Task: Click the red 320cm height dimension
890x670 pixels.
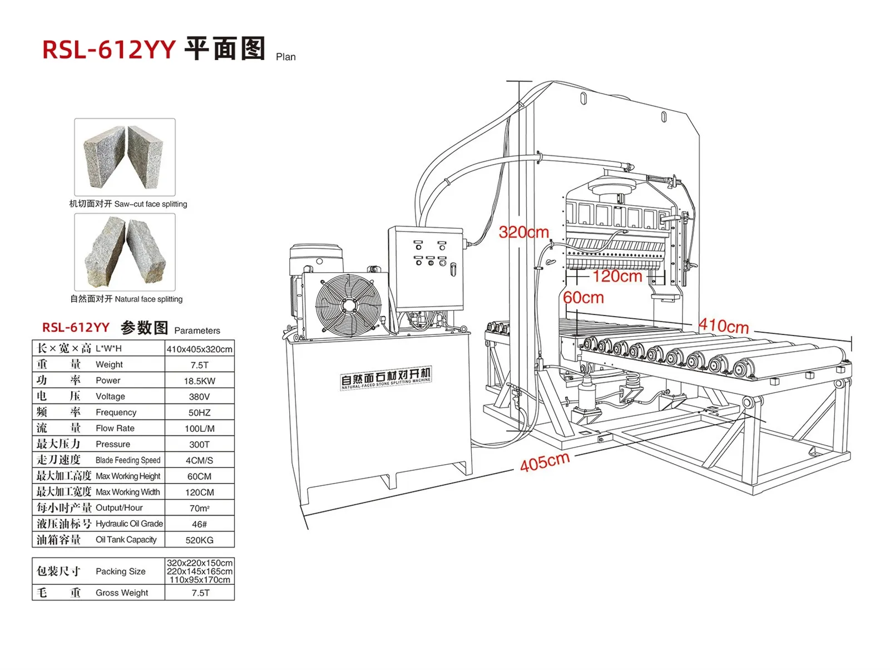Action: [523, 232]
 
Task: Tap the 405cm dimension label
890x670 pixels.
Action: [545, 462]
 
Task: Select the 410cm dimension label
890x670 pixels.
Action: [723, 326]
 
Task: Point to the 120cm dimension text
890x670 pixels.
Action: [617, 277]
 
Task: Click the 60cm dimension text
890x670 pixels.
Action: [584, 298]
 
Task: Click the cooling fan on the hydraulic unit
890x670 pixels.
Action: [348, 306]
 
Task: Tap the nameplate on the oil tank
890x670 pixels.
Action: [385, 378]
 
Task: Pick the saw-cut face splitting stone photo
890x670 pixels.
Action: [125, 157]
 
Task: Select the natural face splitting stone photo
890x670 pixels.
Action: [125, 252]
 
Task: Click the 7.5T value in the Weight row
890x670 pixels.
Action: [200, 365]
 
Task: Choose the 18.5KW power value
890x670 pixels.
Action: [200, 381]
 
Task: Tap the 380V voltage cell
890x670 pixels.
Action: [200, 397]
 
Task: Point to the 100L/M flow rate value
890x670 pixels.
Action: [200, 428]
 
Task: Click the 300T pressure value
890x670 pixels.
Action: [200, 445]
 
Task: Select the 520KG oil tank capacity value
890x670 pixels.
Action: [200, 540]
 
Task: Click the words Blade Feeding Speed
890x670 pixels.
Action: [128, 460]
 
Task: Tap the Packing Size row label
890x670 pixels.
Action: [120, 572]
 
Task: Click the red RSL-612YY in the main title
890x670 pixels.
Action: [108, 50]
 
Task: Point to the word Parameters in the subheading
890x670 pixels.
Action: [197, 331]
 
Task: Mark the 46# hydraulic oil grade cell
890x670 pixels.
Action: [200, 524]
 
